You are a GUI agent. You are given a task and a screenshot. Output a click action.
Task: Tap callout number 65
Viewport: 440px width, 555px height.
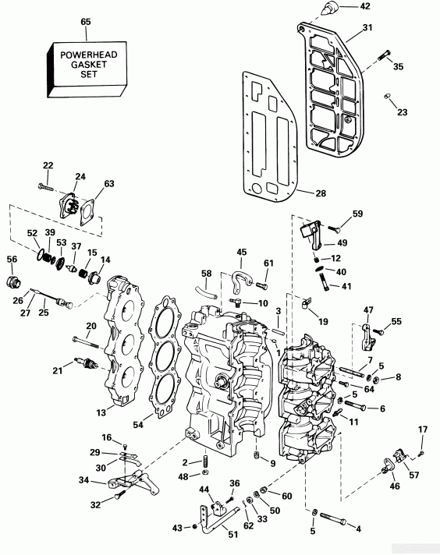(86, 22)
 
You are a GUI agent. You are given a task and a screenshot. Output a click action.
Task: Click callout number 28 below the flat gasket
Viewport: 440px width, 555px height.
(321, 193)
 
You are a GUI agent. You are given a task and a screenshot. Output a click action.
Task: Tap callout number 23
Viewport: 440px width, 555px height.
(402, 112)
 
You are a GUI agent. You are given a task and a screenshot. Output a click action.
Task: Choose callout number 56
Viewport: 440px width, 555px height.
(12, 259)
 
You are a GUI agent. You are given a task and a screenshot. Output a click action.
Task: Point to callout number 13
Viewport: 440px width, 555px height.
(100, 412)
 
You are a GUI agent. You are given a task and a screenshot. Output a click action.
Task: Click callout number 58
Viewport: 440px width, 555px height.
(206, 274)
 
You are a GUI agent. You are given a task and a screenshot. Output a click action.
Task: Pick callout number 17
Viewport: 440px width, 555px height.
(423, 430)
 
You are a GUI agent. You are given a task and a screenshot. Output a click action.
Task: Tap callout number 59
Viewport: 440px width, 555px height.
(357, 214)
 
